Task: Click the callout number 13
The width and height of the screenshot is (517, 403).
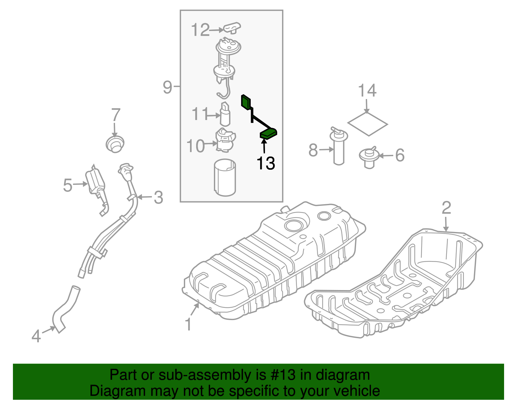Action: pyautogui.click(x=266, y=163)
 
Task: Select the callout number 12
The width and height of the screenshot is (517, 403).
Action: pyautogui.click(x=200, y=30)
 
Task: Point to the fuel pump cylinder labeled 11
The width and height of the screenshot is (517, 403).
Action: pyautogui.click(x=225, y=115)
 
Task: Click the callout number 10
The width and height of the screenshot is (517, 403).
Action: pyautogui.click(x=196, y=146)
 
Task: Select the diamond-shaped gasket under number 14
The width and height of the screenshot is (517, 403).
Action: pyautogui.click(x=367, y=124)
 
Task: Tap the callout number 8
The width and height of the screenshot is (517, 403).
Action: pyautogui.click(x=313, y=150)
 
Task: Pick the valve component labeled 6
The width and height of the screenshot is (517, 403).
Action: pyautogui.click(x=369, y=157)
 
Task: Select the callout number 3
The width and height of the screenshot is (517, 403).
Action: pyautogui.click(x=158, y=197)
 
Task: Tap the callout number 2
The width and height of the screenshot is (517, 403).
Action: pyautogui.click(x=446, y=208)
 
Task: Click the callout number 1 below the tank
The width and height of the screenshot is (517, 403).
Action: pyautogui.click(x=188, y=324)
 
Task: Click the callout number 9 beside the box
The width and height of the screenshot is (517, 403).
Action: pyautogui.click(x=167, y=87)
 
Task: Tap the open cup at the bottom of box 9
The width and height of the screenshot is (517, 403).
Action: pyautogui.click(x=225, y=177)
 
